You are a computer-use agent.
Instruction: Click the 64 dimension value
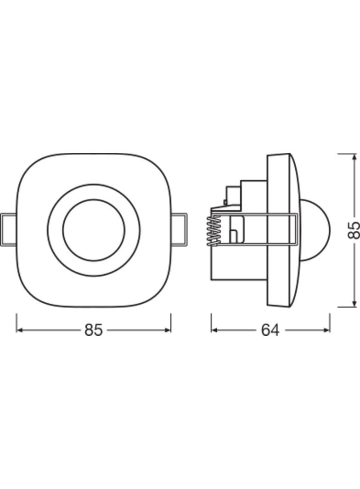click(270, 330)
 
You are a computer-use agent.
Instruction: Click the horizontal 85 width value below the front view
click(93, 330)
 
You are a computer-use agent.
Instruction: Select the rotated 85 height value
click(354, 230)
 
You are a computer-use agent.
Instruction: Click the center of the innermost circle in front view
click(94, 230)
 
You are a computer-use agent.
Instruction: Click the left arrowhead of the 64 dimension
click(214, 330)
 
